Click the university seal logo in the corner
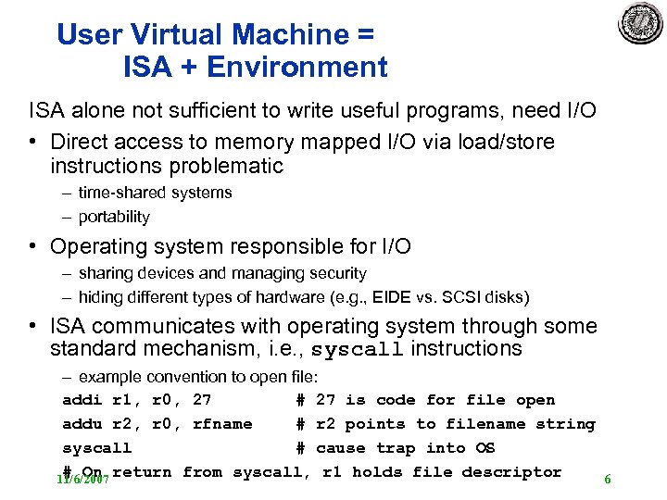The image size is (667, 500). (x=640, y=23)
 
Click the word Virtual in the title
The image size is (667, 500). (x=175, y=35)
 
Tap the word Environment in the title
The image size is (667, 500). (x=297, y=68)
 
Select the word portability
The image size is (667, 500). (x=114, y=217)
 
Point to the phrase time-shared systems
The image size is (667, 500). (x=155, y=193)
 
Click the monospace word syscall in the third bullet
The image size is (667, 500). (x=357, y=350)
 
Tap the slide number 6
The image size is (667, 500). (x=608, y=480)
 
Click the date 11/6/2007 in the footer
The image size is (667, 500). (x=83, y=480)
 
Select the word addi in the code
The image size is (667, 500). (x=82, y=400)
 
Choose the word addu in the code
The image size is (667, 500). (x=82, y=424)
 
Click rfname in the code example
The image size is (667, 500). (x=222, y=424)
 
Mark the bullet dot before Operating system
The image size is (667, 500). (x=33, y=247)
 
